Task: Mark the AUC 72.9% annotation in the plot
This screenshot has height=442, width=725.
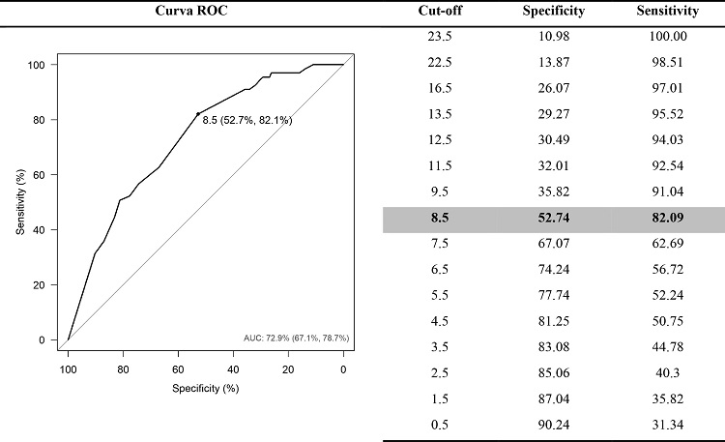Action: tap(296, 339)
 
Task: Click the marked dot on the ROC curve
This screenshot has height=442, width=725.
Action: tap(198, 113)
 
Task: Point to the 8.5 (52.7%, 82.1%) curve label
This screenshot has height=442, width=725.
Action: tap(246, 120)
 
